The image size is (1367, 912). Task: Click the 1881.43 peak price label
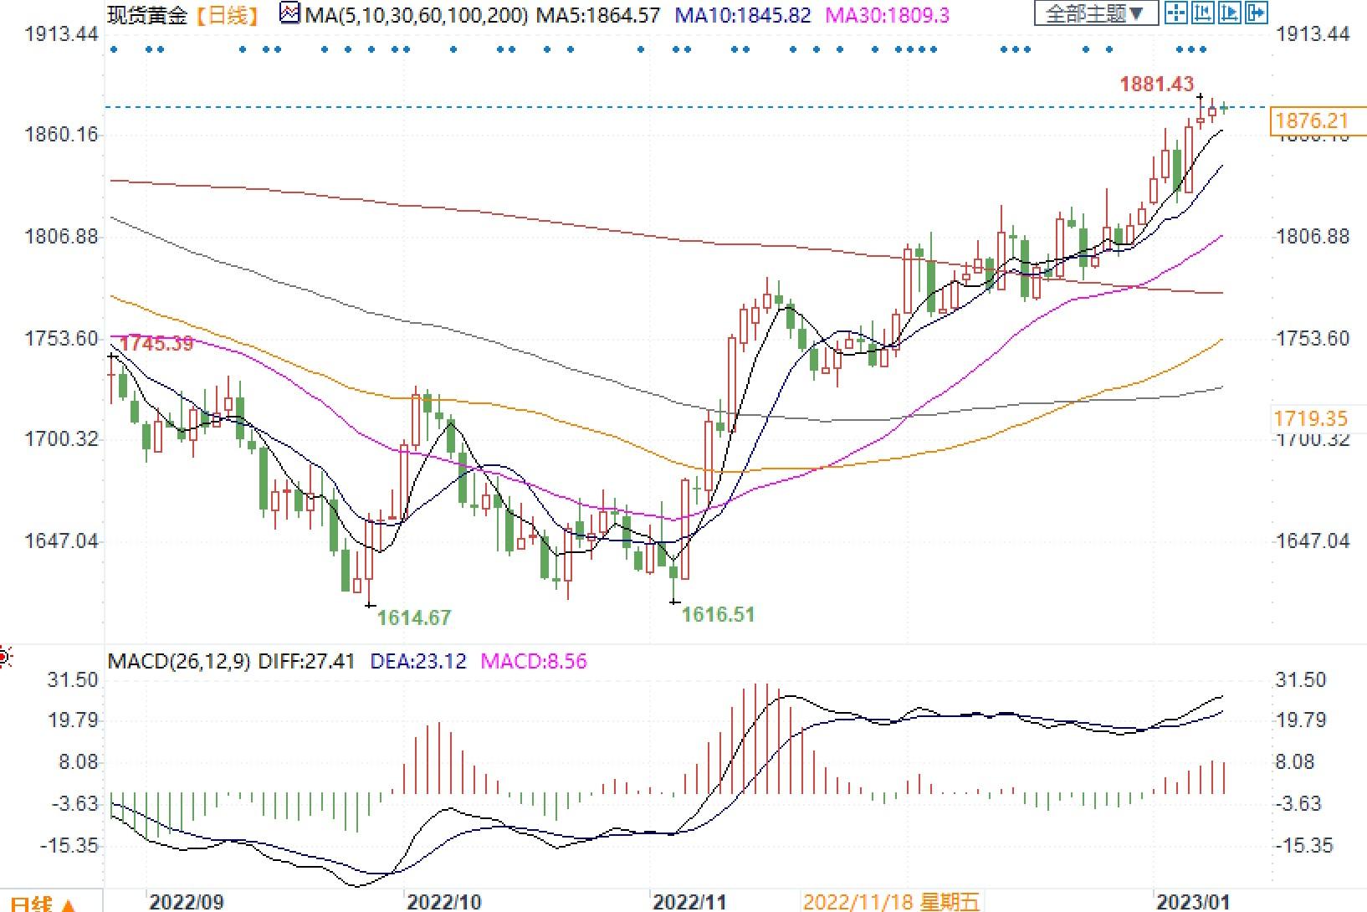(1156, 85)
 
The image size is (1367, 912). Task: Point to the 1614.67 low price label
(413, 618)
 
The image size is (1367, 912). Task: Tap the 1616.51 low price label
(718, 615)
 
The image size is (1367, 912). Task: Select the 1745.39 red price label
(156, 344)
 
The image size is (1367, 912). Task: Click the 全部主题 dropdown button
(1095, 13)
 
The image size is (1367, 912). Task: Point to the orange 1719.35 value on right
(1310, 419)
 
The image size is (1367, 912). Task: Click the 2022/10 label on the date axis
(443, 902)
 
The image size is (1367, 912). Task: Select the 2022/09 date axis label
(187, 902)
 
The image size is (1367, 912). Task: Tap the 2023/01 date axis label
(1192, 902)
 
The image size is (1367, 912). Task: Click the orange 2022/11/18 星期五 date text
(890, 902)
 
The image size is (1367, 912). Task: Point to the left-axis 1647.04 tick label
(61, 541)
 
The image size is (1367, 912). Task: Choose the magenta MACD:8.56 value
(534, 662)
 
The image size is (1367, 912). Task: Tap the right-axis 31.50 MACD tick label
(1300, 680)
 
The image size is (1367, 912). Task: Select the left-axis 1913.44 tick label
(61, 34)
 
